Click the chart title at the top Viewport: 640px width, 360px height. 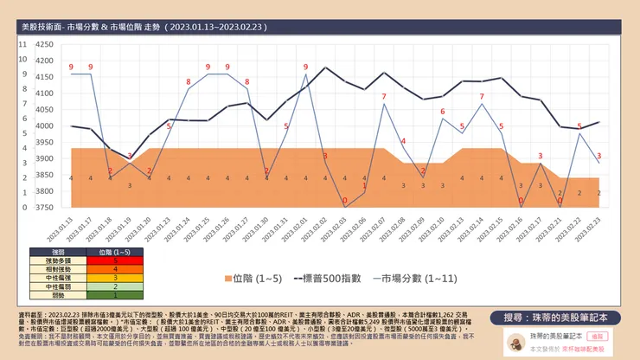point(143,28)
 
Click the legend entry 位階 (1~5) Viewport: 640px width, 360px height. point(257,279)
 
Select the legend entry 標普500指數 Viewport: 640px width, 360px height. point(333,279)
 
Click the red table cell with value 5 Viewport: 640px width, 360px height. point(116,259)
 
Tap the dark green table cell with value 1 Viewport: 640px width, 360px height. point(116,294)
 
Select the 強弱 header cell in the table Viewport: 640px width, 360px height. point(46,250)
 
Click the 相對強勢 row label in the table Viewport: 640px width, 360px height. point(46,267)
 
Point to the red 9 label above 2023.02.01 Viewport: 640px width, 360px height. point(305,67)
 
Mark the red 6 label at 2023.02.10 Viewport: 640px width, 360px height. point(442,112)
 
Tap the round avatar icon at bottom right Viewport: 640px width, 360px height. point(515,344)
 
